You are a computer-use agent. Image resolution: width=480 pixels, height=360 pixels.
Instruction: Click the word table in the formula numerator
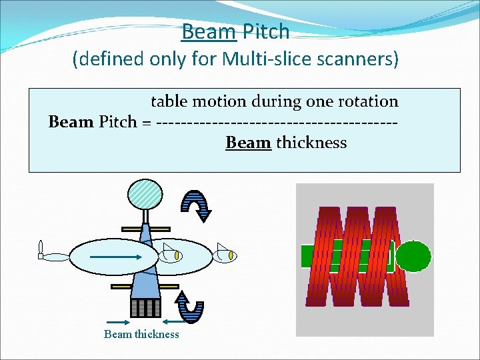pos(168,101)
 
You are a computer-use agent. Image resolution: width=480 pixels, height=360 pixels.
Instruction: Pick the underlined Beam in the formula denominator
pos(248,143)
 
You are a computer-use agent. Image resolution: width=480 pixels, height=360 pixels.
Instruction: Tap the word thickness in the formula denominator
pos(311,143)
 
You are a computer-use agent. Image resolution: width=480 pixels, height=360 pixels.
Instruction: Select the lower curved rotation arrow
pos(191,306)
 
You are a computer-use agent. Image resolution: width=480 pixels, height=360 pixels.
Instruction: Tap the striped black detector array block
pos(145,307)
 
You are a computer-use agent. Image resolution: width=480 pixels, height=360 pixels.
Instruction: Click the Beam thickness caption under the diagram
pos(141,335)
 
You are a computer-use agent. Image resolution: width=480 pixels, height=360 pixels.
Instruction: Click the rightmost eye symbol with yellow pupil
pos(228,254)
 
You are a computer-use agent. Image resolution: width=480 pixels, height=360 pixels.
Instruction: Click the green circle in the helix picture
pos(414,257)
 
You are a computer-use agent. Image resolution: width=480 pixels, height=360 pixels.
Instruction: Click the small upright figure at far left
pos(41,250)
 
